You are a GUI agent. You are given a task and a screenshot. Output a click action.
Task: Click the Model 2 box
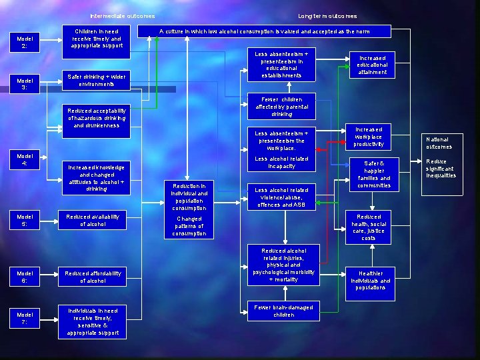(25, 42)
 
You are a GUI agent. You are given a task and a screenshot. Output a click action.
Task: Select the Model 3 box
(25, 84)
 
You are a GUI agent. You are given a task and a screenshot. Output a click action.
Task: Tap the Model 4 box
(25, 159)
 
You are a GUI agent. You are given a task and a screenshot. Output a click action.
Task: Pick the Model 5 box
(25, 220)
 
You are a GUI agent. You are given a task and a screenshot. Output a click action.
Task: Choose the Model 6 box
(25, 277)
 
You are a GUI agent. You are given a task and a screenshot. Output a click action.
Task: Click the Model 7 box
(25, 319)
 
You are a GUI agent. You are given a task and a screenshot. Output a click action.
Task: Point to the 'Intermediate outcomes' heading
(123, 16)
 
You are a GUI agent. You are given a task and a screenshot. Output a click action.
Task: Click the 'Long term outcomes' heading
(327, 16)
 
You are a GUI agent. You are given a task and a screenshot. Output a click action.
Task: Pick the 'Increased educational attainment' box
(372, 65)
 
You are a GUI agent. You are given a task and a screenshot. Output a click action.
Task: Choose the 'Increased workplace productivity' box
(369, 137)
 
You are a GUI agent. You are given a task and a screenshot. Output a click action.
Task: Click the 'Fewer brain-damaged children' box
(283, 311)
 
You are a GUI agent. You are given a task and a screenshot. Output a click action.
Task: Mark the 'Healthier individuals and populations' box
(370, 281)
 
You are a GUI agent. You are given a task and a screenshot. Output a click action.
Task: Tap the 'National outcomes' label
(439, 143)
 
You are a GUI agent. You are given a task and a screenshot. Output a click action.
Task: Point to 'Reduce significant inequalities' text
(441, 169)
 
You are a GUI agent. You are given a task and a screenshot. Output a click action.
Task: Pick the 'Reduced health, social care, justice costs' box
(369, 227)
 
